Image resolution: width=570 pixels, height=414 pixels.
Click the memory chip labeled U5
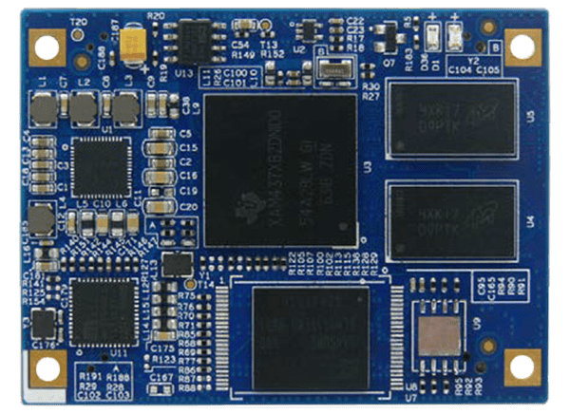(452, 118)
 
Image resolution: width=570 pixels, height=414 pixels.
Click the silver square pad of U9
(439, 332)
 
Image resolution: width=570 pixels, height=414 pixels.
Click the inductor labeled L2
(84, 112)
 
